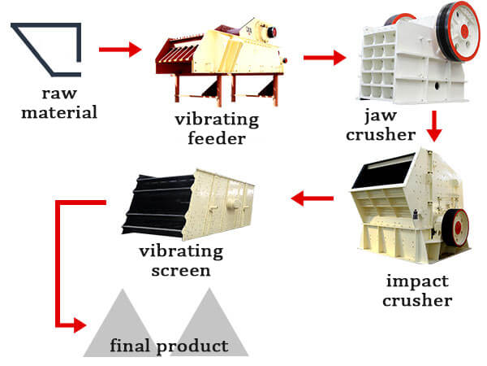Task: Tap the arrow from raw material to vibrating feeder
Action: click(120, 50)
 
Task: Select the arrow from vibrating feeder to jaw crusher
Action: click(325, 58)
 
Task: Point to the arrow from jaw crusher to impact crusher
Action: click(434, 126)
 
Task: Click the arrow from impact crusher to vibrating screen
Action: click(312, 198)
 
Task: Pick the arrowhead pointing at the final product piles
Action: click(80, 325)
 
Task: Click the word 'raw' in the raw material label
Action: click(59, 93)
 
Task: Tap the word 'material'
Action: click(59, 112)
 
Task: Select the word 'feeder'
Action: click(217, 138)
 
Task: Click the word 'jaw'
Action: click(381, 115)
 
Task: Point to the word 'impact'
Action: click(417, 282)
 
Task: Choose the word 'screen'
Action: click(181, 271)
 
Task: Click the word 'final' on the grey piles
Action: click(130, 345)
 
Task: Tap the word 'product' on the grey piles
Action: click(192, 346)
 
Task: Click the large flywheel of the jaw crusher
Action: click(459, 31)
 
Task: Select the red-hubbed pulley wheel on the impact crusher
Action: click(455, 227)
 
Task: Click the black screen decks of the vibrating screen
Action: click(157, 206)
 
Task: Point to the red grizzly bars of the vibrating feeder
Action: click(177, 53)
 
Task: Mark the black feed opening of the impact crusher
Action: click(382, 172)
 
